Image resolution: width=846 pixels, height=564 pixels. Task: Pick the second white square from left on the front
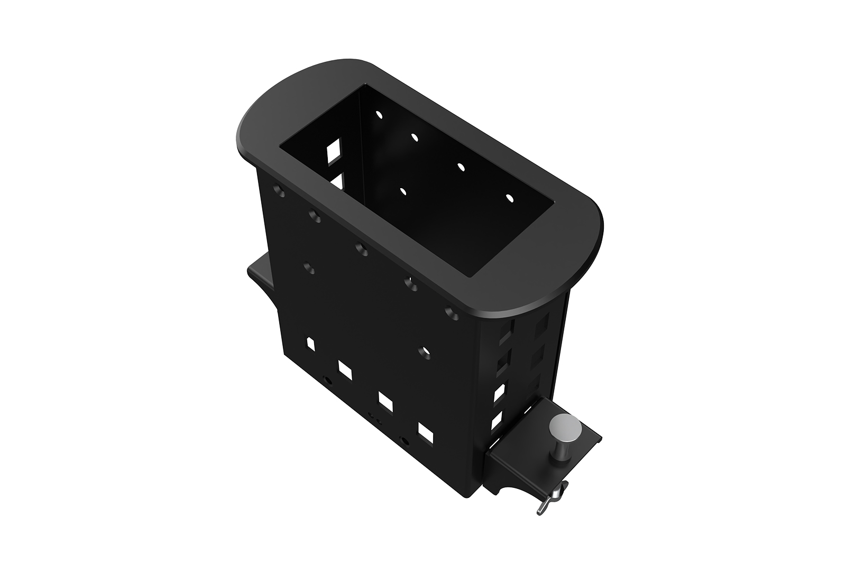(346, 369)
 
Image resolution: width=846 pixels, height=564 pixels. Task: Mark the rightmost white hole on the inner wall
(510, 198)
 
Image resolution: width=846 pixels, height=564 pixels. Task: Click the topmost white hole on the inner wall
(378, 113)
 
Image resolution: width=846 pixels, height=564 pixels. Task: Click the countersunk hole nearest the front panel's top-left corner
(279, 189)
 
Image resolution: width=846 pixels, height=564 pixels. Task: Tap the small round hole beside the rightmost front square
(406, 440)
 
